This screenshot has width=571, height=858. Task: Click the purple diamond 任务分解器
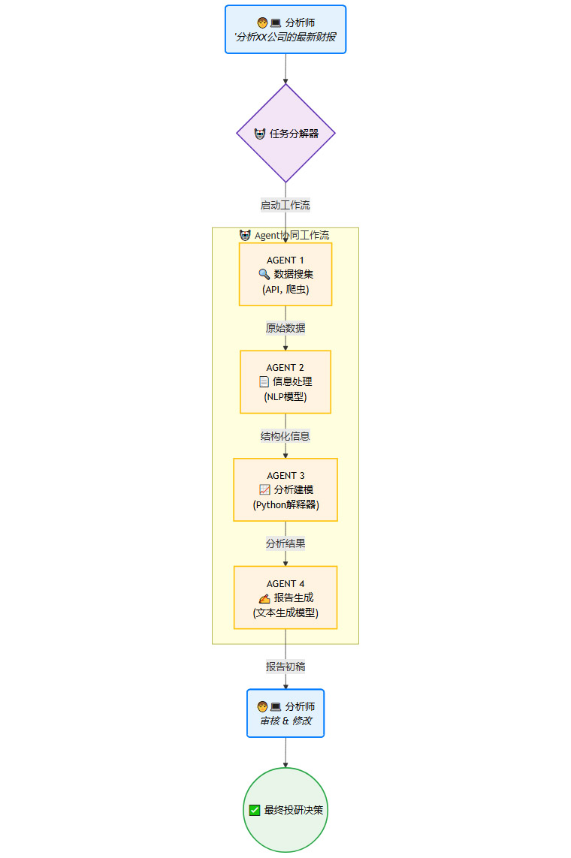285,133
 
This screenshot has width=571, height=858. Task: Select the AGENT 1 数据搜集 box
285,274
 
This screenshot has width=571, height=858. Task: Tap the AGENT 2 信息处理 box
285,381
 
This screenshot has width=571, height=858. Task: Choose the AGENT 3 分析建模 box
285,489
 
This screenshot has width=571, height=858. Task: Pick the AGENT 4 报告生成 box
285,597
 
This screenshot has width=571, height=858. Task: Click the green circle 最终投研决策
285,810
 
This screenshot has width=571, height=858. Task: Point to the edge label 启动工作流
285,205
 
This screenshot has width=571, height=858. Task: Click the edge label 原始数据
285,328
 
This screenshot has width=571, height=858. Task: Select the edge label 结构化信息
285,436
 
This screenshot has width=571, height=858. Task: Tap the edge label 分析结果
285,543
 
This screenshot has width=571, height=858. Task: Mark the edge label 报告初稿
285,667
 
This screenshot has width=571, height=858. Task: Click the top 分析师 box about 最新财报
285,29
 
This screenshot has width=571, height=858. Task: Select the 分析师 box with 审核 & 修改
285,713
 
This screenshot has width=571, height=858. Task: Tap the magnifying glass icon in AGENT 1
264,274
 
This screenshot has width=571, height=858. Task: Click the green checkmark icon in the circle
255,810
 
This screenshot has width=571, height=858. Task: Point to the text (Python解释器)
285,504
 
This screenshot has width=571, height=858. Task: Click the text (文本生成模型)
285,613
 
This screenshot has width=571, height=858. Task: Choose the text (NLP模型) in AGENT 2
285,397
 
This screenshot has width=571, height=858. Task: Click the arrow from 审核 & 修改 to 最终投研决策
285,752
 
